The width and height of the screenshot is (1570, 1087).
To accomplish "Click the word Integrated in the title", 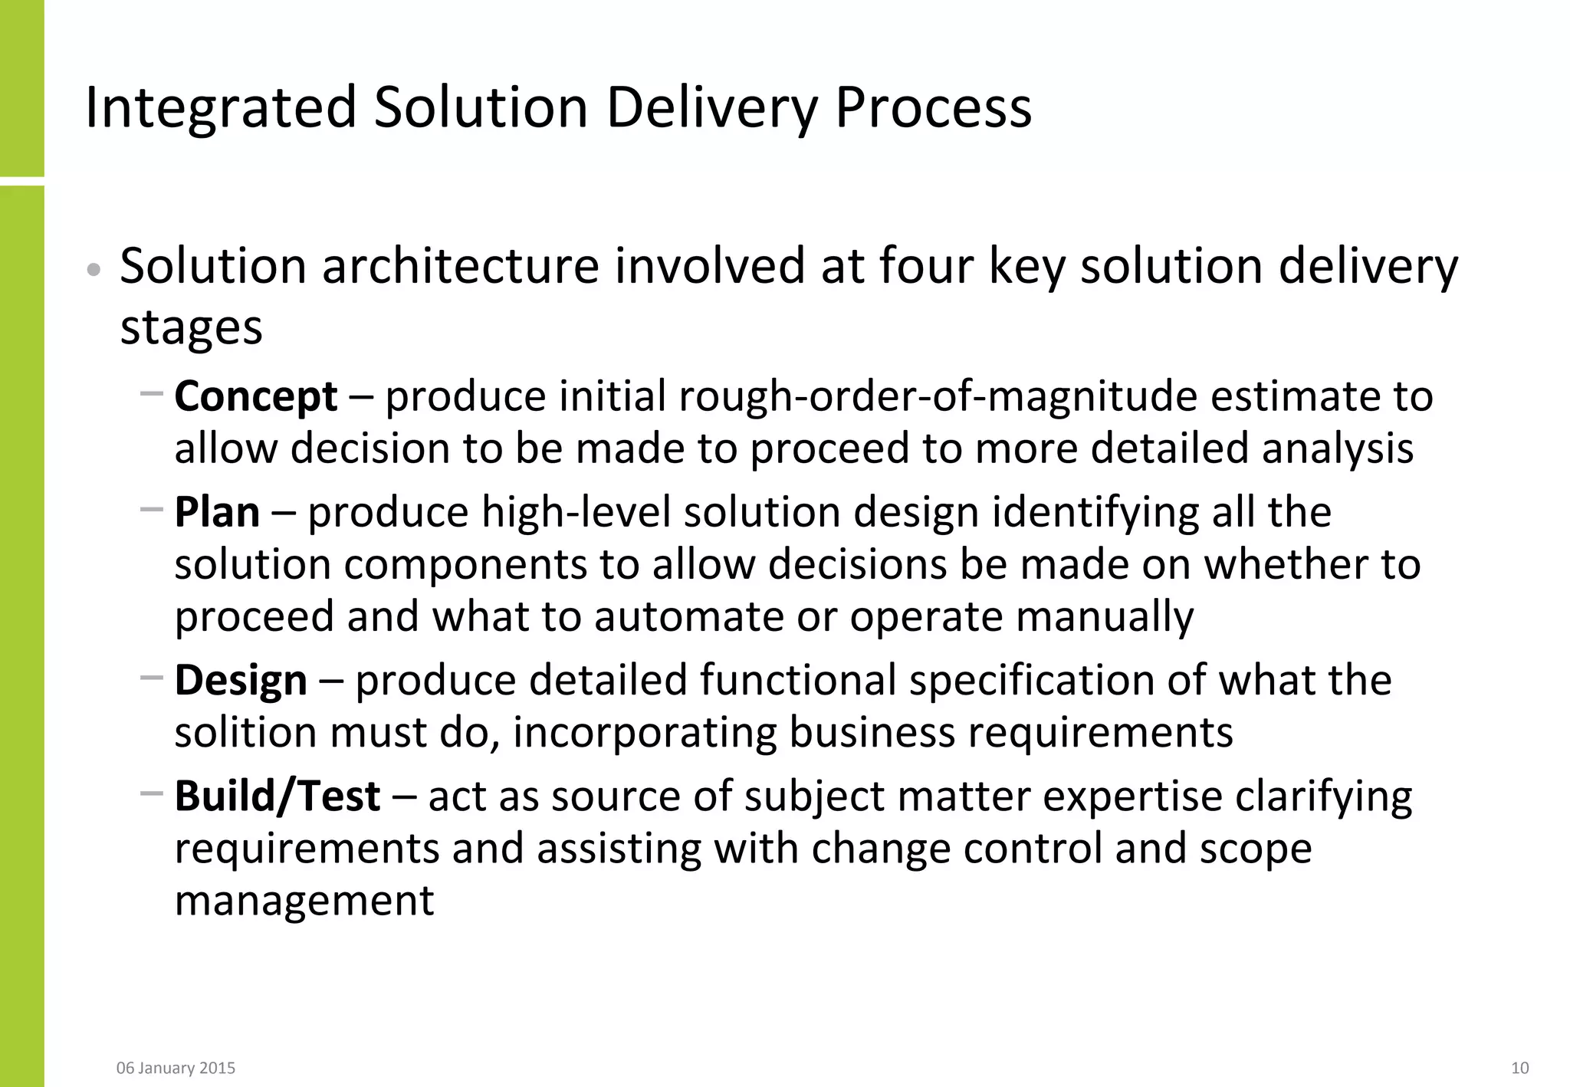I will coord(221,107).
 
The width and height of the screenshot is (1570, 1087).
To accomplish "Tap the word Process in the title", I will coord(933,107).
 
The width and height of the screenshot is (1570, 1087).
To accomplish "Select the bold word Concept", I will coord(256,396).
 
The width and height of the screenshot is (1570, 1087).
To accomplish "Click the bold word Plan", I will coord(217,512).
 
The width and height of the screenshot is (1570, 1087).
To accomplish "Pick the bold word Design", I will coord(241,681).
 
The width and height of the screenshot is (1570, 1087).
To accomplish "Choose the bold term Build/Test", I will coord(278,796).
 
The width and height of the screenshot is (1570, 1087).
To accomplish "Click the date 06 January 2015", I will coord(176,1068).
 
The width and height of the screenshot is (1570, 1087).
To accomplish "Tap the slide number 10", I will coord(1519,1068).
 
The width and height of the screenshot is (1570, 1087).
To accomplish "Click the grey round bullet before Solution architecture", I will coord(94,270).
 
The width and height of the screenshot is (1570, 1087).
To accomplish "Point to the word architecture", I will coord(460,266).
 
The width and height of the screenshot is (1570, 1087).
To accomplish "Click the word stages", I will coord(192,327).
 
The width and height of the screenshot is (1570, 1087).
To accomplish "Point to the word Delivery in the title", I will coord(712,107).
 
